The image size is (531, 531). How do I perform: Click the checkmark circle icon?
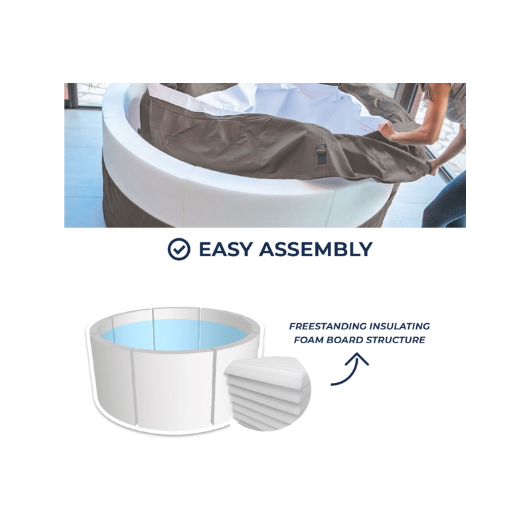click(x=179, y=249)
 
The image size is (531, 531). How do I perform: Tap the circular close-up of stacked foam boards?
click(x=267, y=394)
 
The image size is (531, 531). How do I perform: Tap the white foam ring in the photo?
click(x=203, y=190)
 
